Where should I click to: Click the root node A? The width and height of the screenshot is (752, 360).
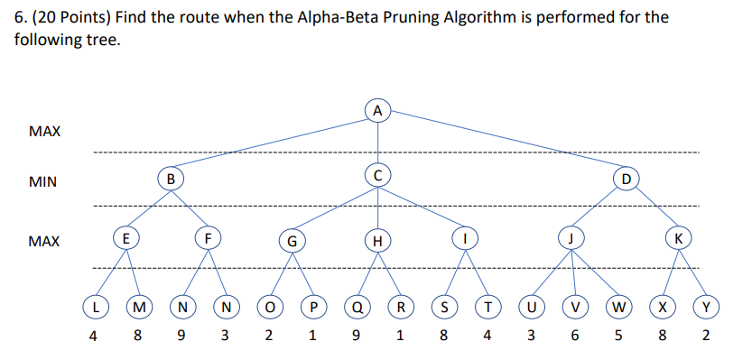pyautogui.click(x=378, y=110)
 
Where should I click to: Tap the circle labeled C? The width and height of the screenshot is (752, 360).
pyautogui.click(x=378, y=173)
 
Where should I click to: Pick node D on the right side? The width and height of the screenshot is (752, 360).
pyautogui.click(x=625, y=177)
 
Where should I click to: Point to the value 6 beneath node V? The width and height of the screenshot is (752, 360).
pyautogui.click(x=574, y=337)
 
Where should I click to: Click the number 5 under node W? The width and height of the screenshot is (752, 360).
pyautogui.click(x=618, y=337)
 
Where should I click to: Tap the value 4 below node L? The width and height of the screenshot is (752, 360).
pyautogui.click(x=94, y=337)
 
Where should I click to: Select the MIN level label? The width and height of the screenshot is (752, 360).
pyautogui.click(x=43, y=182)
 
